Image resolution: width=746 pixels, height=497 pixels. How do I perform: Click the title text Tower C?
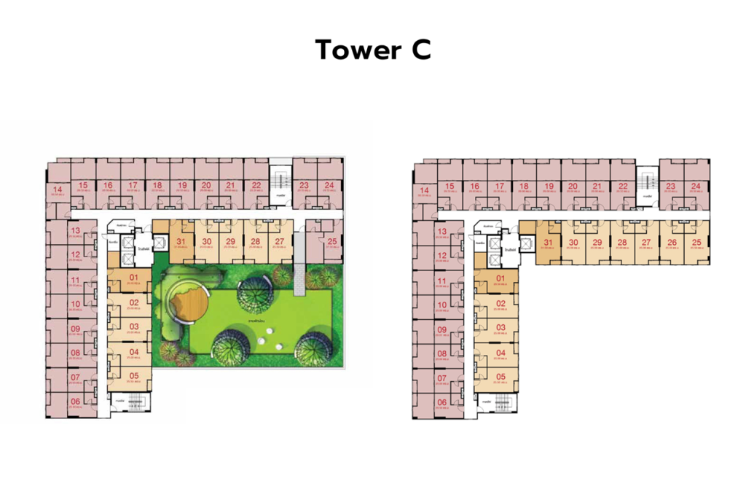point(373,50)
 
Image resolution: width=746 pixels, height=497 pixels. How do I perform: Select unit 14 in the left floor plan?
point(58,192)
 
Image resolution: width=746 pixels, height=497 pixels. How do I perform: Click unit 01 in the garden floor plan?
point(133,279)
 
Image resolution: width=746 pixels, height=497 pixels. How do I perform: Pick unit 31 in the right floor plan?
point(549,245)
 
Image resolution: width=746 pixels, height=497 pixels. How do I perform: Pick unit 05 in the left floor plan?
point(133,378)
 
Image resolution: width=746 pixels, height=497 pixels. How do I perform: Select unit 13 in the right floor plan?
point(441,233)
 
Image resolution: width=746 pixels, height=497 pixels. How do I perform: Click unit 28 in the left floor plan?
point(255,243)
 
